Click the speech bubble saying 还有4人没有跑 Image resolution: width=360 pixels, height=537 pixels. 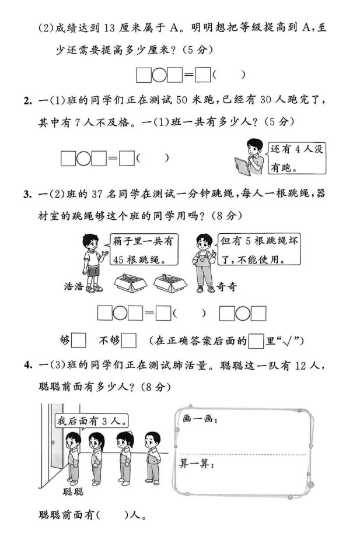click(x=296, y=157)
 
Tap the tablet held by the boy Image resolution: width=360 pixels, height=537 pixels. click(x=242, y=166)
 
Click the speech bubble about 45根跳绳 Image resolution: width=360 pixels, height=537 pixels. click(x=144, y=249)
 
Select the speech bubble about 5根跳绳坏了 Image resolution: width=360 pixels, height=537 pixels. click(x=257, y=249)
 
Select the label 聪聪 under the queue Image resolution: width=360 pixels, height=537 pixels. click(x=73, y=492)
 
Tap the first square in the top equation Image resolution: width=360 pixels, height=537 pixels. click(x=143, y=75)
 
